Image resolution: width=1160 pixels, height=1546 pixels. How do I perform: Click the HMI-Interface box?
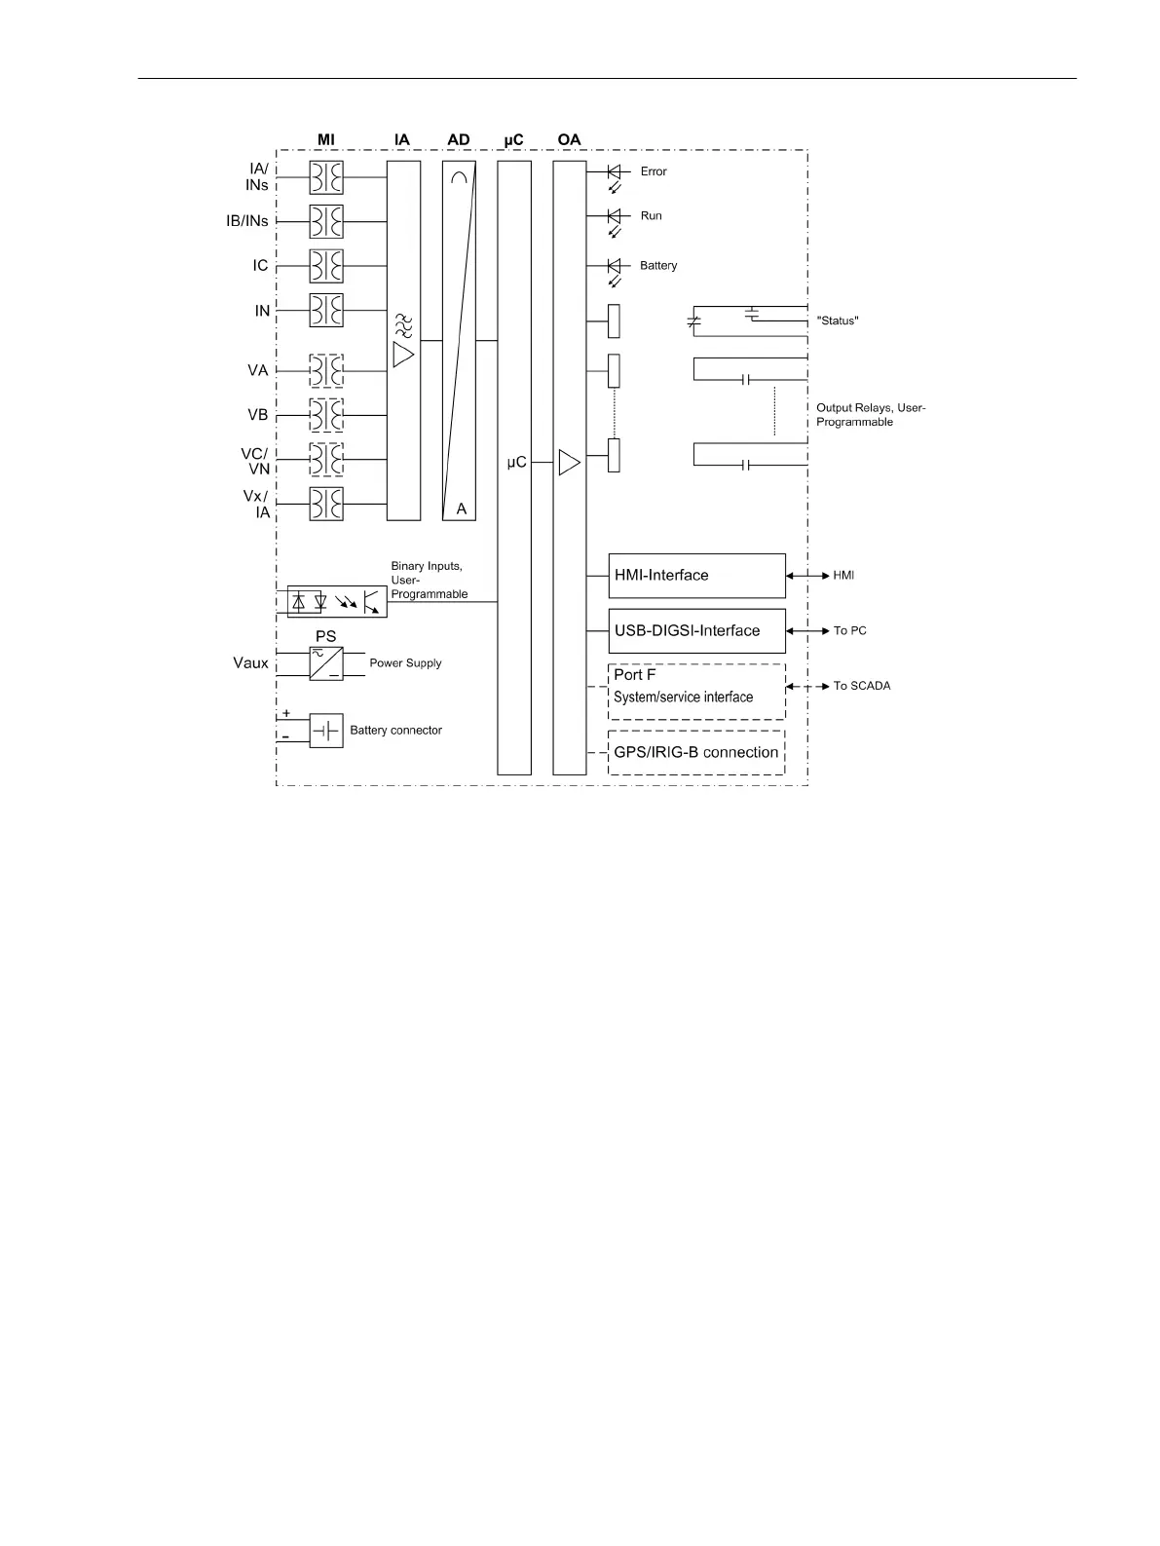coord(696,576)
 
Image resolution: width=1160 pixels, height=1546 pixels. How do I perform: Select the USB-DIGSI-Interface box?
coord(696,630)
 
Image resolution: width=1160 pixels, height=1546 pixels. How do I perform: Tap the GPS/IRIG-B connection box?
coord(696,753)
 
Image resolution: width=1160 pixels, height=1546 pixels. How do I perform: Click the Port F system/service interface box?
coord(696,692)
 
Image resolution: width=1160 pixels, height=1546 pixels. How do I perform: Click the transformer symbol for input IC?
coord(326,266)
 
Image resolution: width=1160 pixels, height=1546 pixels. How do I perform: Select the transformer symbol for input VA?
coord(326,371)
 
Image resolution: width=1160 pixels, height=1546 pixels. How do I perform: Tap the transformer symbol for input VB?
coord(326,415)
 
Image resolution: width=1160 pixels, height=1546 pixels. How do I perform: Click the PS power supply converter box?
coord(326,663)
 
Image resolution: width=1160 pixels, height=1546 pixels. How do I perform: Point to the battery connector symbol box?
coord(326,731)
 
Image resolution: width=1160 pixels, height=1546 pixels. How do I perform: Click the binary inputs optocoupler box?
coord(337,602)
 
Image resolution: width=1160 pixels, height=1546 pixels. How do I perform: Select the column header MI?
coord(326,140)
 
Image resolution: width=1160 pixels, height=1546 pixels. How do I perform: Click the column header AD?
coord(459,140)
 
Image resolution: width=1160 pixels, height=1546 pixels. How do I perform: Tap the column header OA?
coord(570,140)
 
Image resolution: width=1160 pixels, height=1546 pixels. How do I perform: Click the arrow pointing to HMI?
coord(807,576)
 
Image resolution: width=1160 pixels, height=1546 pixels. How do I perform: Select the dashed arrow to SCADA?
coord(807,687)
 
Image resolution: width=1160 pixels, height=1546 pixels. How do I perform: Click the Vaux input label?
coord(250,663)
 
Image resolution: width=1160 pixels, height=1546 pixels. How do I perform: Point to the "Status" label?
coord(838,321)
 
